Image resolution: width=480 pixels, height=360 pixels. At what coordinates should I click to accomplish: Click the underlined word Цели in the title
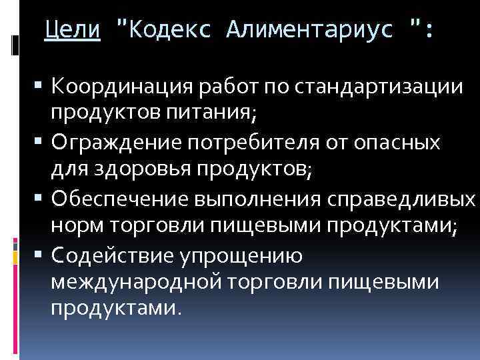coord(72,29)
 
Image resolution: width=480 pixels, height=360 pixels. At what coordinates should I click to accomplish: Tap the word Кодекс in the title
coord(167,29)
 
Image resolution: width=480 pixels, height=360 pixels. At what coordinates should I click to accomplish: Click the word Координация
coord(123,87)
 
